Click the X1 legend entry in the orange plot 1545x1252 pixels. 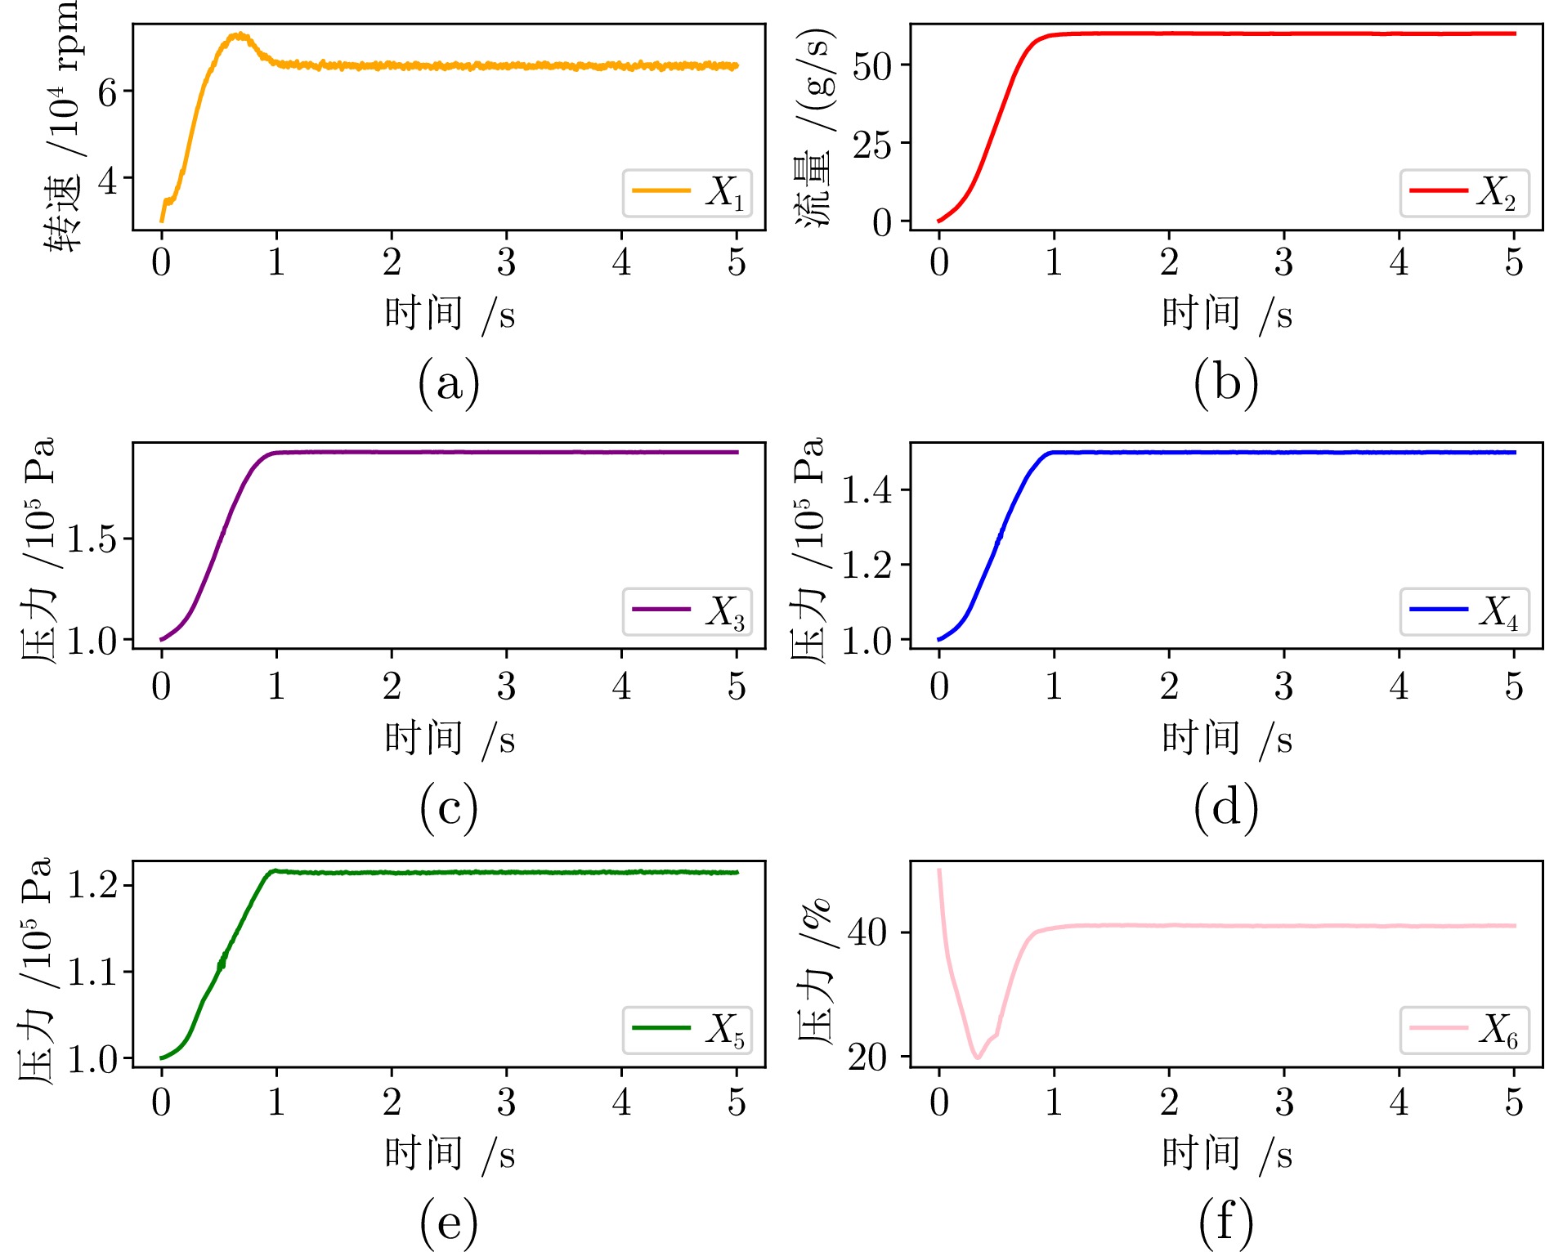pyautogui.click(x=687, y=193)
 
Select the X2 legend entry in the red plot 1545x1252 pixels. pyautogui.click(x=1464, y=193)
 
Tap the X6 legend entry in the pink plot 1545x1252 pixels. pyautogui.click(x=1464, y=1030)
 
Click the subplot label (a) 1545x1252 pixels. pyautogui.click(x=448, y=383)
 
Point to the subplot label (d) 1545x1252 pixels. pyautogui.click(x=1225, y=807)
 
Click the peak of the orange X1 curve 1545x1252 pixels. pyautogui.click(x=240, y=34)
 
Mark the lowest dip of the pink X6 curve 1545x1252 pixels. pyautogui.click(x=977, y=1057)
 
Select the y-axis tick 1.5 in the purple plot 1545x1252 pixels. pyautogui.click(x=92, y=539)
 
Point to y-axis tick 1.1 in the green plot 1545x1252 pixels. pyautogui.click(x=92, y=973)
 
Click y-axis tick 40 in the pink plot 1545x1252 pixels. pyautogui.click(x=868, y=932)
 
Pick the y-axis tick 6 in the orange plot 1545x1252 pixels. pyautogui.click(x=108, y=92)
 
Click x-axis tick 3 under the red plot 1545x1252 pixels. pyautogui.click(x=1284, y=263)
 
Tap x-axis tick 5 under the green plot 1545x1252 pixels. pyautogui.click(x=737, y=1103)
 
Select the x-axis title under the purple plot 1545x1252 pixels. pyautogui.click(x=450, y=738)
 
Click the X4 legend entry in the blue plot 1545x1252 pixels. pyautogui.click(x=1464, y=611)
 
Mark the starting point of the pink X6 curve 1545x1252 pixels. pyautogui.click(x=939, y=870)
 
